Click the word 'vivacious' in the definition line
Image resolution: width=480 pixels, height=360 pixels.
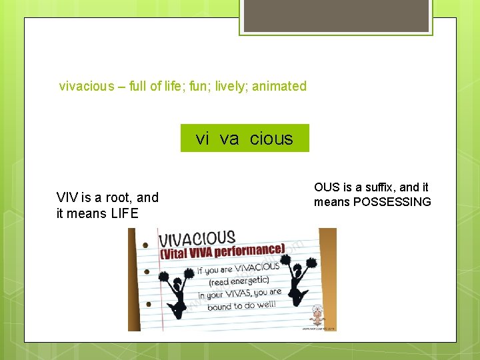click(x=87, y=86)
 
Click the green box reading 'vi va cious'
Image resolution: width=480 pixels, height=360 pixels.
click(x=245, y=138)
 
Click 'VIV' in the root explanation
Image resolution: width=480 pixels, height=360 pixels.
click(x=67, y=197)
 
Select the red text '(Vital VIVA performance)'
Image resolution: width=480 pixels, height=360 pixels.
click(x=222, y=253)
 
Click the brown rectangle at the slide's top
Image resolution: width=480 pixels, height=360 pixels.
click(x=336, y=15)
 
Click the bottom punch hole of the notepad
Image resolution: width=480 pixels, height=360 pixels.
click(x=147, y=305)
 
